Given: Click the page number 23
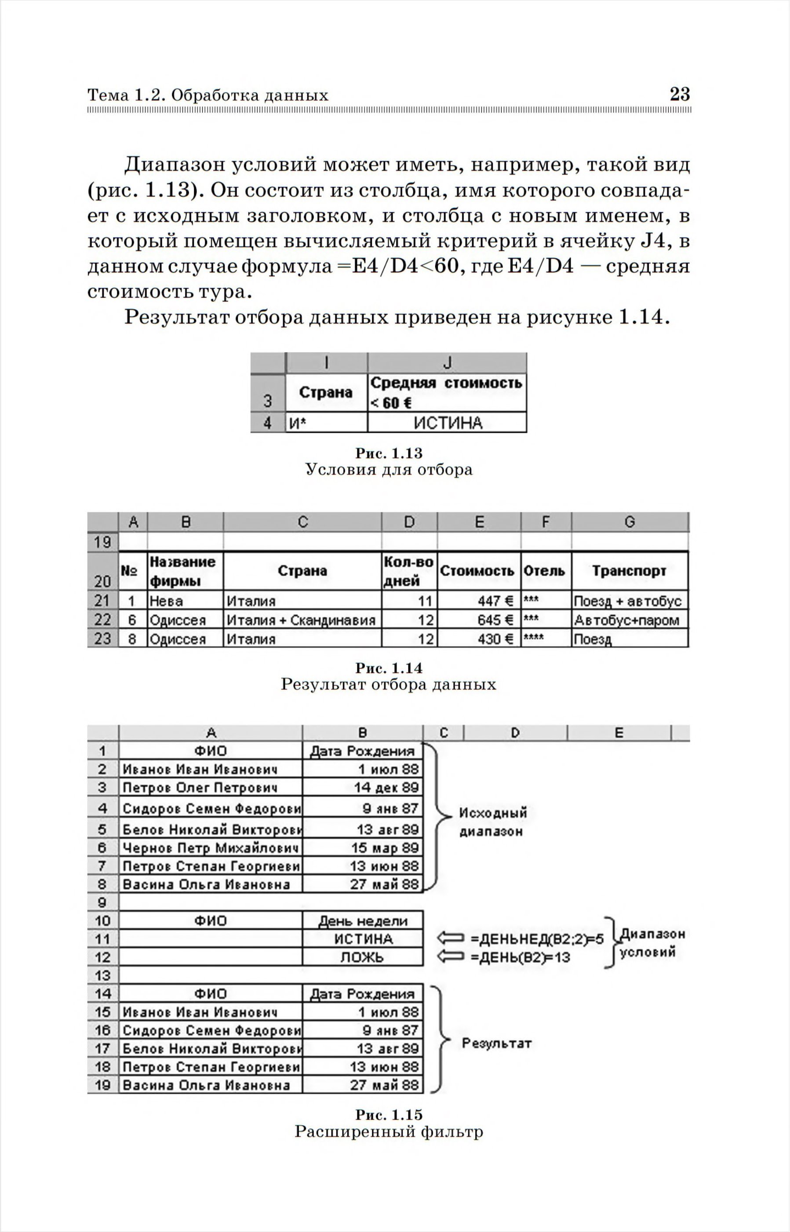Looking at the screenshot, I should pos(679,94).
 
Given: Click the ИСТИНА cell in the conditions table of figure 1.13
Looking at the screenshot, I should pos(448,423).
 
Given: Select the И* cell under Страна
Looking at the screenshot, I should pos(326,423).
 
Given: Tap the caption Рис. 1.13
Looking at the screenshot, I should pos(389,453).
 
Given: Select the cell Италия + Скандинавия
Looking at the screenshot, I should pos(302,620).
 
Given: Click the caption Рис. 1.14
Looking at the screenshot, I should pos(389,668).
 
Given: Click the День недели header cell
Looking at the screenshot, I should pos(363,921).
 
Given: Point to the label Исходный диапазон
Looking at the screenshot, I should pos(492,821).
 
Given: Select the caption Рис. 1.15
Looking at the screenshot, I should pos(389,1115).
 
